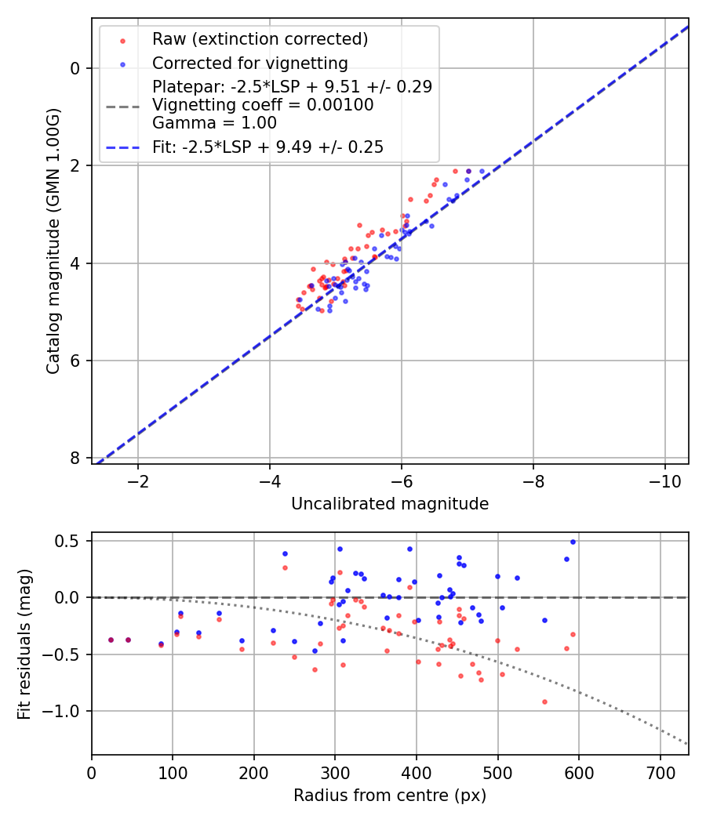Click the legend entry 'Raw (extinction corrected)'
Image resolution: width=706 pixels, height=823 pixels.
click(260, 39)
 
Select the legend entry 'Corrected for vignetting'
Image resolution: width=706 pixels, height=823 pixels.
click(249, 63)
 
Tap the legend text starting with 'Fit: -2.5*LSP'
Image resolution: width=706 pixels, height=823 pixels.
click(267, 147)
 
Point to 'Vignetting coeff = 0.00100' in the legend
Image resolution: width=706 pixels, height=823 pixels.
click(263, 105)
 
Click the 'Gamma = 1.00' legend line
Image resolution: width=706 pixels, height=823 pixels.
click(214, 123)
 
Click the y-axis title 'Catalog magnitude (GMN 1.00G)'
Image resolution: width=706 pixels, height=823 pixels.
click(53, 241)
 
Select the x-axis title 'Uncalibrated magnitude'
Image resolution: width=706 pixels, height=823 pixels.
click(390, 504)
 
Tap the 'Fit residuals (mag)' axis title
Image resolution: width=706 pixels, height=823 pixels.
click(24, 644)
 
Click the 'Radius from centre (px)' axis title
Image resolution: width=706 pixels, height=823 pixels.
click(390, 796)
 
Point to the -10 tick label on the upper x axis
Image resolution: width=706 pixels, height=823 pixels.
click(664, 480)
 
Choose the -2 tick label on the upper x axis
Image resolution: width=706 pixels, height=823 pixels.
click(138, 480)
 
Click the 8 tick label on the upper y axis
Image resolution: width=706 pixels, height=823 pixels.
click(75, 459)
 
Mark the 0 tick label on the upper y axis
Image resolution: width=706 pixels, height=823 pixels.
click(75, 68)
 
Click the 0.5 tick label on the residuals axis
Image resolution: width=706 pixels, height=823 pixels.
click(68, 541)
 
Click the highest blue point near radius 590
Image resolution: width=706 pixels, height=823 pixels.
click(573, 542)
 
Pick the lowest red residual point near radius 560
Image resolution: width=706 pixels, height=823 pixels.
click(544, 702)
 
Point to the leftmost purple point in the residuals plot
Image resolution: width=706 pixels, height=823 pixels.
click(111, 640)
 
